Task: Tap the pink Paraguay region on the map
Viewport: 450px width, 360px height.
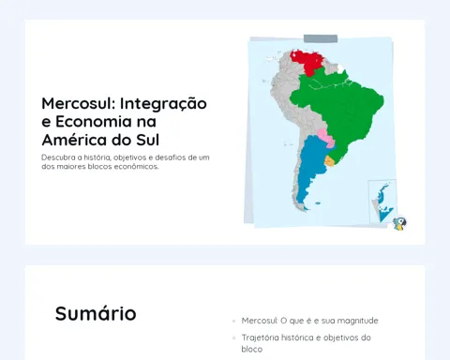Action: pos(325,138)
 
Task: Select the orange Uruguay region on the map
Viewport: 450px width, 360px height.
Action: pos(329,161)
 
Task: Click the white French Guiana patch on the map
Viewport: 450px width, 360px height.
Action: pos(340,68)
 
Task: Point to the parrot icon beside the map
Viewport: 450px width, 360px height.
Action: pos(399,223)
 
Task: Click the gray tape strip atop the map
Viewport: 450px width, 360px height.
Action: pos(321,38)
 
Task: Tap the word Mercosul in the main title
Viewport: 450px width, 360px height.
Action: pos(79,103)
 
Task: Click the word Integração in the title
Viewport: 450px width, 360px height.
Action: pos(163,104)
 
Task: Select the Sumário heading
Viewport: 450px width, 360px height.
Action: pos(96,313)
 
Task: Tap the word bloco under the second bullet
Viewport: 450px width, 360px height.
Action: pos(252,349)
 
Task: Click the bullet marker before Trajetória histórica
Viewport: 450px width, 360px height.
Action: pos(234,337)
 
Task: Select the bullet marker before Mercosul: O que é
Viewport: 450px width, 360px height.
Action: pos(234,321)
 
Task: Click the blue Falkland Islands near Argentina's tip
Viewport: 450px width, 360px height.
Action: pos(318,203)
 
